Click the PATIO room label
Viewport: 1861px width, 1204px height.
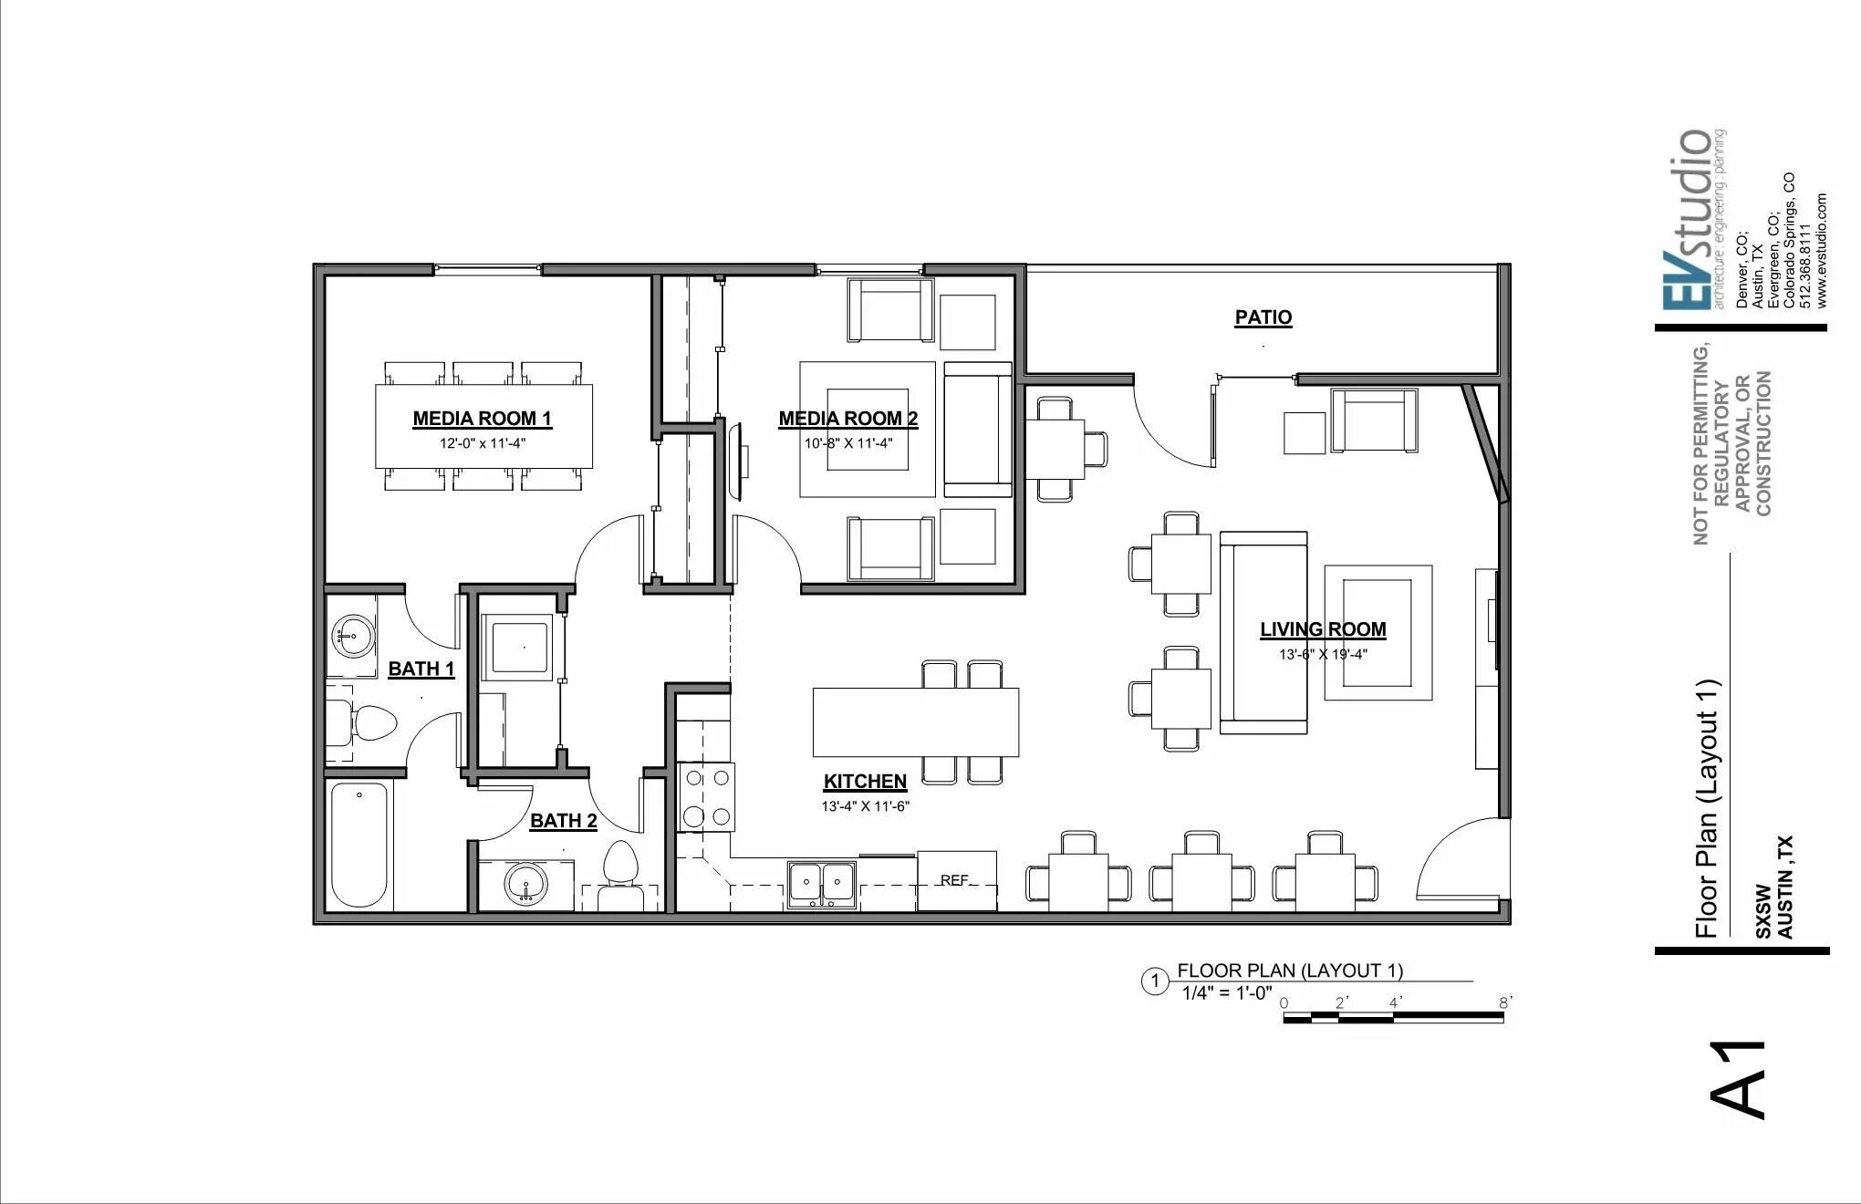(x=1263, y=317)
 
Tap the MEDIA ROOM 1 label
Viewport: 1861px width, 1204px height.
(x=482, y=419)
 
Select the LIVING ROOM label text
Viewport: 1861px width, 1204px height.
(x=1323, y=629)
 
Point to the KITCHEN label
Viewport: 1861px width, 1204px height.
(x=865, y=782)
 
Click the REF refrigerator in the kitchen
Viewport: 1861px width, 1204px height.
(x=956, y=880)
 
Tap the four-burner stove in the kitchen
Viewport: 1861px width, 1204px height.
(x=706, y=796)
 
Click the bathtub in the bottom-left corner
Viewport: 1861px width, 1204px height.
(x=359, y=845)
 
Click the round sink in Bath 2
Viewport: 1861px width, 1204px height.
(x=525, y=884)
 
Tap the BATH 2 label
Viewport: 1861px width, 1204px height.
(x=564, y=821)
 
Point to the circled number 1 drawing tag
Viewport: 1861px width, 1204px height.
(x=1155, y=981)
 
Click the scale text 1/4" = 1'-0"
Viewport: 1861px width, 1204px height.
(x=1227, y=993)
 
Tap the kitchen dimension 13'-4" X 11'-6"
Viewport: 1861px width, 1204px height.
(x=865, y=806)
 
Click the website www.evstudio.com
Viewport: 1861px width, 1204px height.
(x=1822, y=250)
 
